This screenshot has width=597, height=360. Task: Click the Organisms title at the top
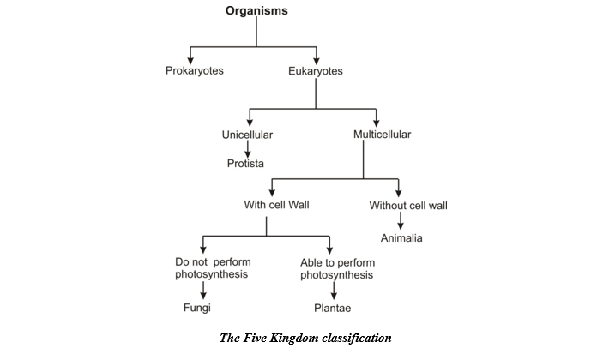coord(256,11)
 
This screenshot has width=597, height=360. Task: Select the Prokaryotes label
coord(195,70)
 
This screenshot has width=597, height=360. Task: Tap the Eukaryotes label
coord(316,71)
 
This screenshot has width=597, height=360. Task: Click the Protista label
coord(247,163)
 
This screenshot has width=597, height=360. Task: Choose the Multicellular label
coord(383,135)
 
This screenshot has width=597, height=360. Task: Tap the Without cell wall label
coord(408,205)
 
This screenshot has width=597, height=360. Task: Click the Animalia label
coord(401,237)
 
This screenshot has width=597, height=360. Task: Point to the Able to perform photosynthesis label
coord(336,267)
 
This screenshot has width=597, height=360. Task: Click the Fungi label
coord(197,307)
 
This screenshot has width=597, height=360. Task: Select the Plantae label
coord(331,307)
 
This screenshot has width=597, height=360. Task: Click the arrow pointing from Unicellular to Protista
coord(247,148)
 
